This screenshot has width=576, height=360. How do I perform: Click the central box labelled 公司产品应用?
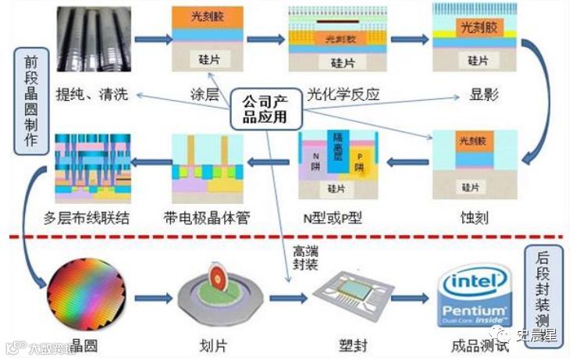[x=266, y=110]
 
